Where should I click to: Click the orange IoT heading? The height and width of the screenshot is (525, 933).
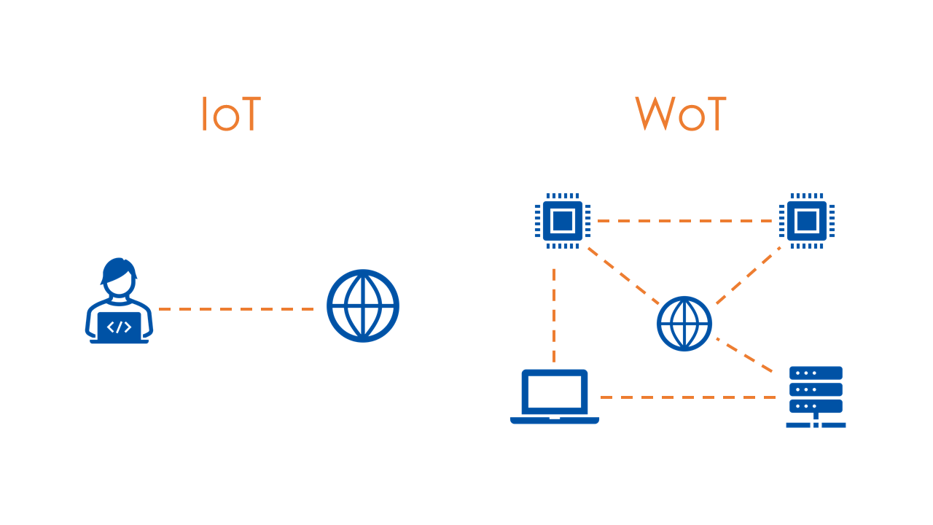230,114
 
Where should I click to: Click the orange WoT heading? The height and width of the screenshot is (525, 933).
680,114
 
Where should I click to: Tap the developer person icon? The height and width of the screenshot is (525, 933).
119,301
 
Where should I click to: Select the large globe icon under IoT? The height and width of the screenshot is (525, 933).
363,306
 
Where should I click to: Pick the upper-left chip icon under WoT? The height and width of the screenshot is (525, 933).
562,220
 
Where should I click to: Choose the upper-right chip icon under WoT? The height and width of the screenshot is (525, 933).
806,220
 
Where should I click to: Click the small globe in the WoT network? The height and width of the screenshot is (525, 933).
684,323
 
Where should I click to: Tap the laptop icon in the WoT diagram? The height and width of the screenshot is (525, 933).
555,397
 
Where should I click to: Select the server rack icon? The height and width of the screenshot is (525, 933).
816,396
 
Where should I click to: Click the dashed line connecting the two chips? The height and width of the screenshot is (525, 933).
684,220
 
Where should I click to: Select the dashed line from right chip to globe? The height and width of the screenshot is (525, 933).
747,276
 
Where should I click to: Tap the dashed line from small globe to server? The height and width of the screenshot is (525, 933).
745,355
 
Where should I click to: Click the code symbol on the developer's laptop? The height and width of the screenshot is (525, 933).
119,327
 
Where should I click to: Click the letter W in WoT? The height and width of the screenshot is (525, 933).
654,114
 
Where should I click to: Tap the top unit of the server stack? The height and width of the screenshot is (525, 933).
816,373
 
